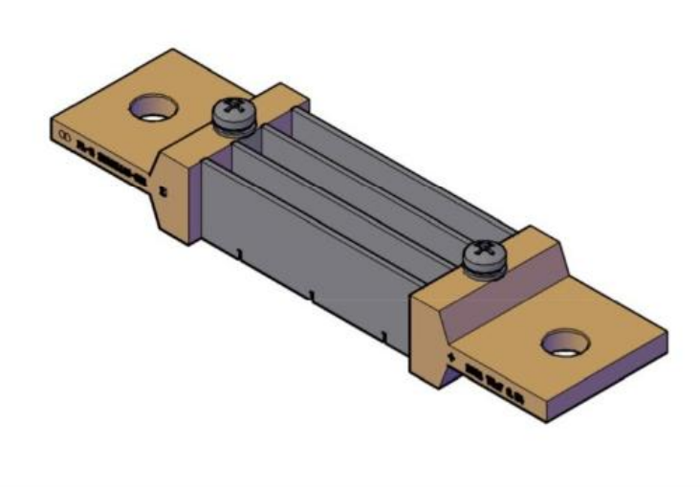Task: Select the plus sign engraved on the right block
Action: (x=450, y=358)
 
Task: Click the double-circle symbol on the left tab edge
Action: (x=65, y=138)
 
